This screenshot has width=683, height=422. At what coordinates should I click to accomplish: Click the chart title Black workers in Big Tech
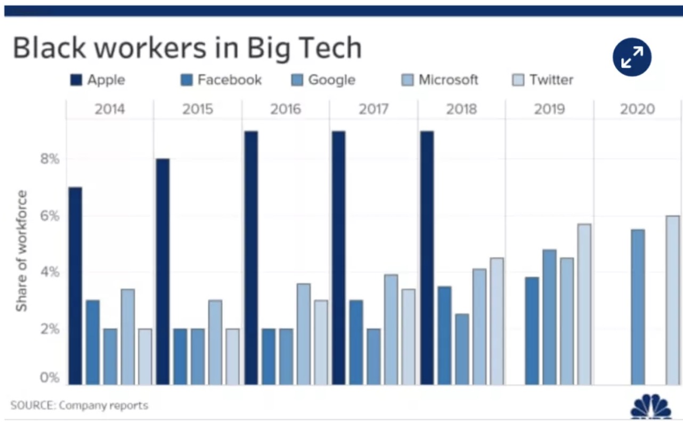(x=187, y=48)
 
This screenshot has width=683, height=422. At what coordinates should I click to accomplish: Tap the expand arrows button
(x=632, y=57)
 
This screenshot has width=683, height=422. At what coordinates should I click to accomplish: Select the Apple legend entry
(x=98, y=80)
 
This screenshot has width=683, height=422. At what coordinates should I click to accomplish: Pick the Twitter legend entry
(x=543, y=80)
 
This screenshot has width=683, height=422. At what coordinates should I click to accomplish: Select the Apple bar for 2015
(x=162, y=272)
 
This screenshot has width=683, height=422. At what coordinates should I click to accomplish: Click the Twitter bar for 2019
(x=584, y=304)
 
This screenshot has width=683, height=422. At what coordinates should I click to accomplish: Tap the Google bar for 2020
(x=638, y=307)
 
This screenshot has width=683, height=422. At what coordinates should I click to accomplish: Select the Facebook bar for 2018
(x=444, y=335)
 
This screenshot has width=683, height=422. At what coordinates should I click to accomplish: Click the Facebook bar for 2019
(x=531, y=331)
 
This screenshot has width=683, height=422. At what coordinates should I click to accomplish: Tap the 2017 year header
(x=373, y=110)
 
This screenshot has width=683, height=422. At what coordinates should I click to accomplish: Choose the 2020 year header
(x=637, y=110)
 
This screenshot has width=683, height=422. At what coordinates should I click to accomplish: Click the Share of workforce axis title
(x=21, y=250)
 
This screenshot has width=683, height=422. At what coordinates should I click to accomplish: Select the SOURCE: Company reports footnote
(x=79, y=405)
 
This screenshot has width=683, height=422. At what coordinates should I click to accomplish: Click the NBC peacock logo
(x=651, y=408)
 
